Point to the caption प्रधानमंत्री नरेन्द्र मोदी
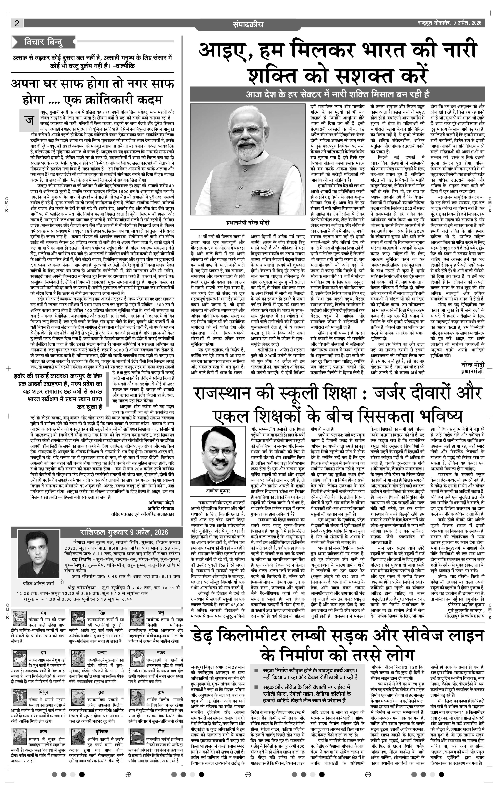[x=248, y=223]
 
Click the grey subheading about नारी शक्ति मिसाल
[x=337, y=94]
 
